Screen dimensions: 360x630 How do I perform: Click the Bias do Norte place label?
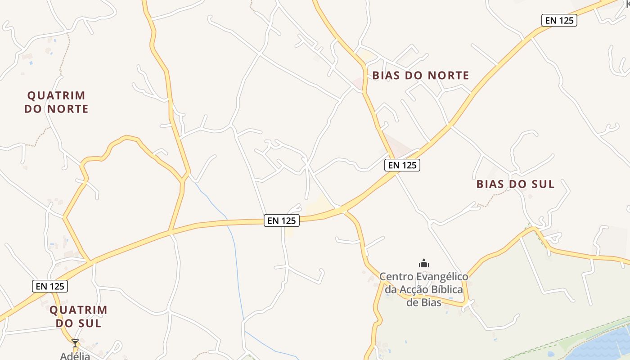point(421,76)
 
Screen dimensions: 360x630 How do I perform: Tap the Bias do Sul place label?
point(515,184)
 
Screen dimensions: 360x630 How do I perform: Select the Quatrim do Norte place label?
point(56,102)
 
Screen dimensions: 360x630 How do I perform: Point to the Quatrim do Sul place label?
point(78,316)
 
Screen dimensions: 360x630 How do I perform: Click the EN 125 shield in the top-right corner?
point(559,20)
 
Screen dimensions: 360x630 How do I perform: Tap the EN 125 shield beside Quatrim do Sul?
point(49,286)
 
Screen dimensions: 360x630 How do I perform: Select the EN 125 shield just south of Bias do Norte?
point(402,165)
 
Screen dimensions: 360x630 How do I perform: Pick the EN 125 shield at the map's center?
point(281,220)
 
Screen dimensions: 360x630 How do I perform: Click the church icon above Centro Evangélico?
point(424,263)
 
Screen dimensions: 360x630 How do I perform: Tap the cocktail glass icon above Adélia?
point(75,343)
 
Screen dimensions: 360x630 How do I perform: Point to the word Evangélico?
point(443,276)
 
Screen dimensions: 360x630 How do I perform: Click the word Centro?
point(396,276)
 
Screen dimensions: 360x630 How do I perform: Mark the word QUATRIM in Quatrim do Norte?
point(56,95)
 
